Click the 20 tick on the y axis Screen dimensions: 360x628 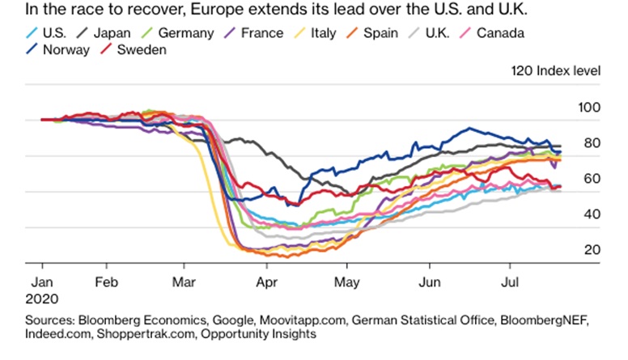click(592, 250)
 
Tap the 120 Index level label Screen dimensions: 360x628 click(555, 70)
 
